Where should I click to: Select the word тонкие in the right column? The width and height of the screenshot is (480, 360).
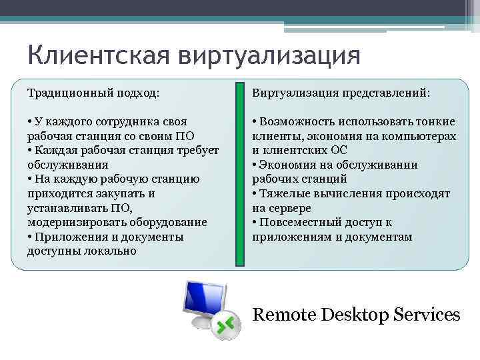click(437, 121)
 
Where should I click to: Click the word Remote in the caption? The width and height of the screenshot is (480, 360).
click(285, 314)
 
